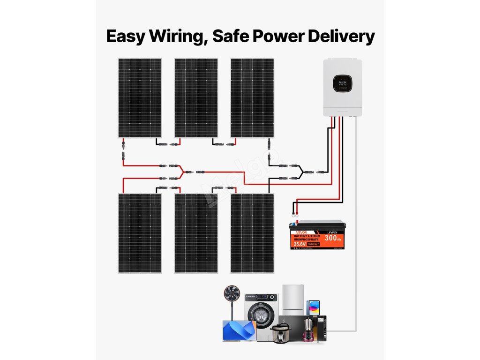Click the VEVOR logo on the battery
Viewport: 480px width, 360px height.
[x=298, y=232]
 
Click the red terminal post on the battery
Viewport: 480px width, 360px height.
[x=295, y=217]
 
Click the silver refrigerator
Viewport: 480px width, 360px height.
[x=293, y=300]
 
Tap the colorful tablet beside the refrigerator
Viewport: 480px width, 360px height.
[x=314, y=307]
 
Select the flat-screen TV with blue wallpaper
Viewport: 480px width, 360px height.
[x=239, y=330]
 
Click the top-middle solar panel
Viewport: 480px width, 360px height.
[x=196, y=97]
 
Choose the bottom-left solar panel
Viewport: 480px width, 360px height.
[x=140, y=233]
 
